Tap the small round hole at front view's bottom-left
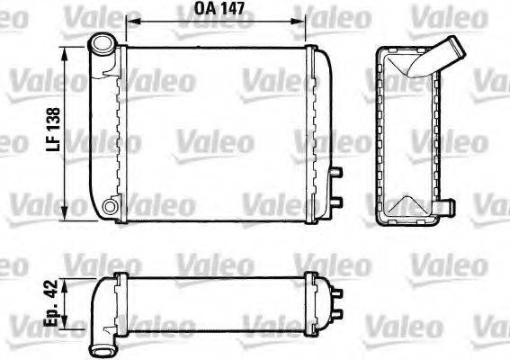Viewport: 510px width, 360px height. (x=110, y=208)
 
